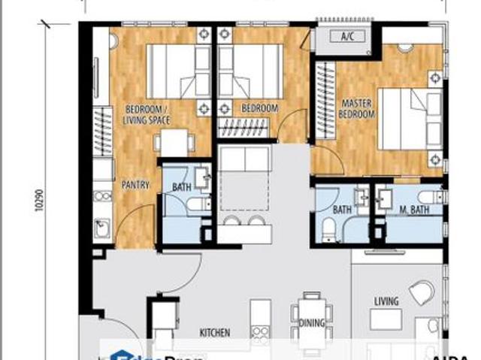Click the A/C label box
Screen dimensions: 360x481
pyautogui.click(x=346, y=37)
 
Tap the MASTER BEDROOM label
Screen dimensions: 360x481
pyautogui.click(x=358, y=109)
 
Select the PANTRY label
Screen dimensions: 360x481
pyautogui.click(x=136, y=186)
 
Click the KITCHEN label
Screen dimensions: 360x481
pyautogui.click(x=214, y=332)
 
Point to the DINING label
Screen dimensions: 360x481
pyautogui.click(x=311, y=324)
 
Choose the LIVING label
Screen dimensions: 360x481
pyautogui.click(x=386, y=301)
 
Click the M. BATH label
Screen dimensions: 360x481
pyautogui.click(x=413, y=210)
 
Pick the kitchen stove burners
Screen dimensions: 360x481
pyautogui.click(x=260, y=331)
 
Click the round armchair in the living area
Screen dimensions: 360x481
pyautogui.click(x=422, y=292)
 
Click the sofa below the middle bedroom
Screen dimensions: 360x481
pyautogui.click(x=244, y=159)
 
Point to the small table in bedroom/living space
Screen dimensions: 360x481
pyautogui.click(x=174, y=142)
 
